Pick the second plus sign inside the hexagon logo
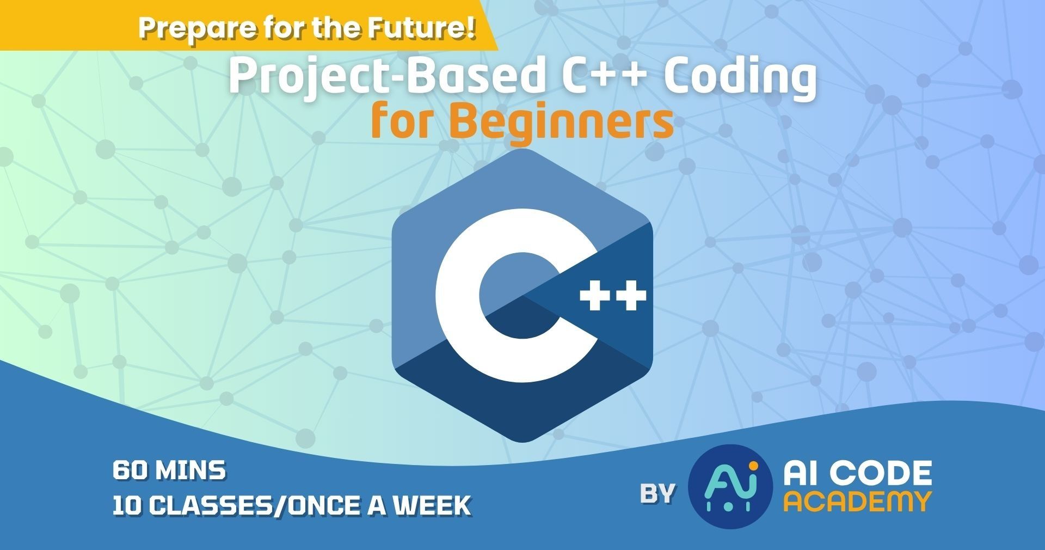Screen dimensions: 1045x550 click(x=631, y=296)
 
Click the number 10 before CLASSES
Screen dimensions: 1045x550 click(x=127, y=506)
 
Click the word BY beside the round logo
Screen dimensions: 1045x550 click(x=657, y=493)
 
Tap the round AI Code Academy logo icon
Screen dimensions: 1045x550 click(x=730, y=486)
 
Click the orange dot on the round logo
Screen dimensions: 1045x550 click(x=753, y=466)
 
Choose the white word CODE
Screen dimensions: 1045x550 click(x=881, y=474)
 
